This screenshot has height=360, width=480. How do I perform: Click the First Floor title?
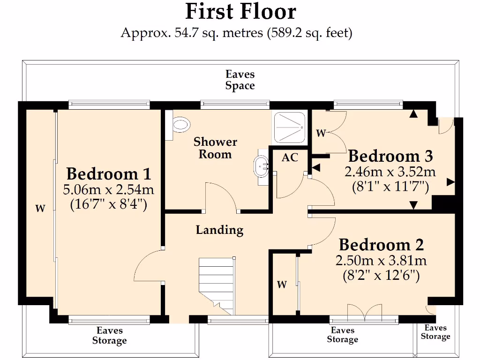[240, 11]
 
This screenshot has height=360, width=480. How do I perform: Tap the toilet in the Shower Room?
[180, 124]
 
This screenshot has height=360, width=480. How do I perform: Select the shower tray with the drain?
[289, 127]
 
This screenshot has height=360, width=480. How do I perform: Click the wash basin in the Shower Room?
[261, 166]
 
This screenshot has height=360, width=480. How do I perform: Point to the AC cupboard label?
[290, 158]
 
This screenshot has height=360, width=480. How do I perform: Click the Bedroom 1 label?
[108, 174]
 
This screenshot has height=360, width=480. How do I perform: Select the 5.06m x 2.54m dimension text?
[108, 190]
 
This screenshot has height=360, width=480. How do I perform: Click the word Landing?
[219, 230]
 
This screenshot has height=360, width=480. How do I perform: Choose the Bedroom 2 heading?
[381, 245]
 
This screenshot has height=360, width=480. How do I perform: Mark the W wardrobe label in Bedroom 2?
[281, 285]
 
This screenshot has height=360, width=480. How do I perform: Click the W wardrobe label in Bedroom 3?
[321, 134]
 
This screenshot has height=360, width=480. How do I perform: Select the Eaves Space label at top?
[240, 80]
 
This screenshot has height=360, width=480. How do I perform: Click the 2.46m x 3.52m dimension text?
[390, 172]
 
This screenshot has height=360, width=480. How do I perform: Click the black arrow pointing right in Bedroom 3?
[450, 182]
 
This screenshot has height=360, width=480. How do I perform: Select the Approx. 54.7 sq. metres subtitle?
[236, 33]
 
